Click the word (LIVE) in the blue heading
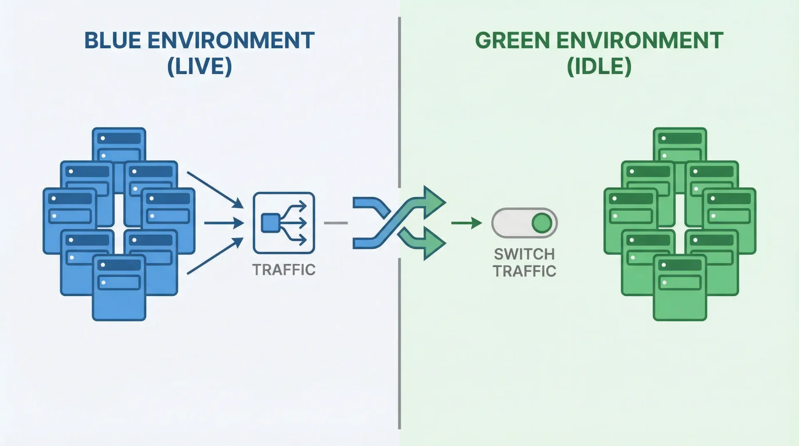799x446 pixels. click(x=199, y=67)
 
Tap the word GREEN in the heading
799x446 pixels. click(x=512, y=41)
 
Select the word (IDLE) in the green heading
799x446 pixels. click(x=599, y=67)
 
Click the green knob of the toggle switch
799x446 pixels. click(x=542, y=223)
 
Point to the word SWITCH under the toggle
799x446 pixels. click(x=524, y=254)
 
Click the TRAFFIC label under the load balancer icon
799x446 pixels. click(x=284, y=270)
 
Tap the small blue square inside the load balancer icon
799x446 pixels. click(x=270, y=223)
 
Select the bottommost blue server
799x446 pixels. click(x=119, y=291)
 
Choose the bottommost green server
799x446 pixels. click(x=680, y=291)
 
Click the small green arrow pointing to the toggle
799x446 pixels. click(x=466, y=223)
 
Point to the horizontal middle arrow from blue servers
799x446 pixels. click(x=223, y=223)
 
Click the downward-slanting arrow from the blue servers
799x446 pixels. click(x=214, y=189)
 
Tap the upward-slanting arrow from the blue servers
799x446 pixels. click(x=214, y=256)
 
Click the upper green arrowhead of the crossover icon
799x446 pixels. click(x=434, y=203)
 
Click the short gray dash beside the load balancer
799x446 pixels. click(x=335, y=223)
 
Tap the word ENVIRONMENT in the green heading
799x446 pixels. click(x=640, y=41)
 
